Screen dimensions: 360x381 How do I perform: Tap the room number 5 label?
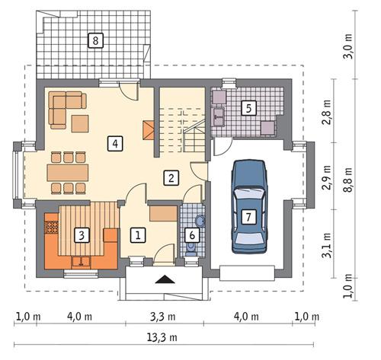[248, 107]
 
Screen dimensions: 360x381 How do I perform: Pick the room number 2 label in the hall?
[172, 178]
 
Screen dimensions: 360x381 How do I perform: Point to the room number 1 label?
[137, 235]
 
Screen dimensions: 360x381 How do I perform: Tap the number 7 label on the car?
[248, 216]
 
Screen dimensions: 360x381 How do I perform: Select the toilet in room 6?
[200, 221]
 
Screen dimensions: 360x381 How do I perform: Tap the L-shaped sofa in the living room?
[64, 107]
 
